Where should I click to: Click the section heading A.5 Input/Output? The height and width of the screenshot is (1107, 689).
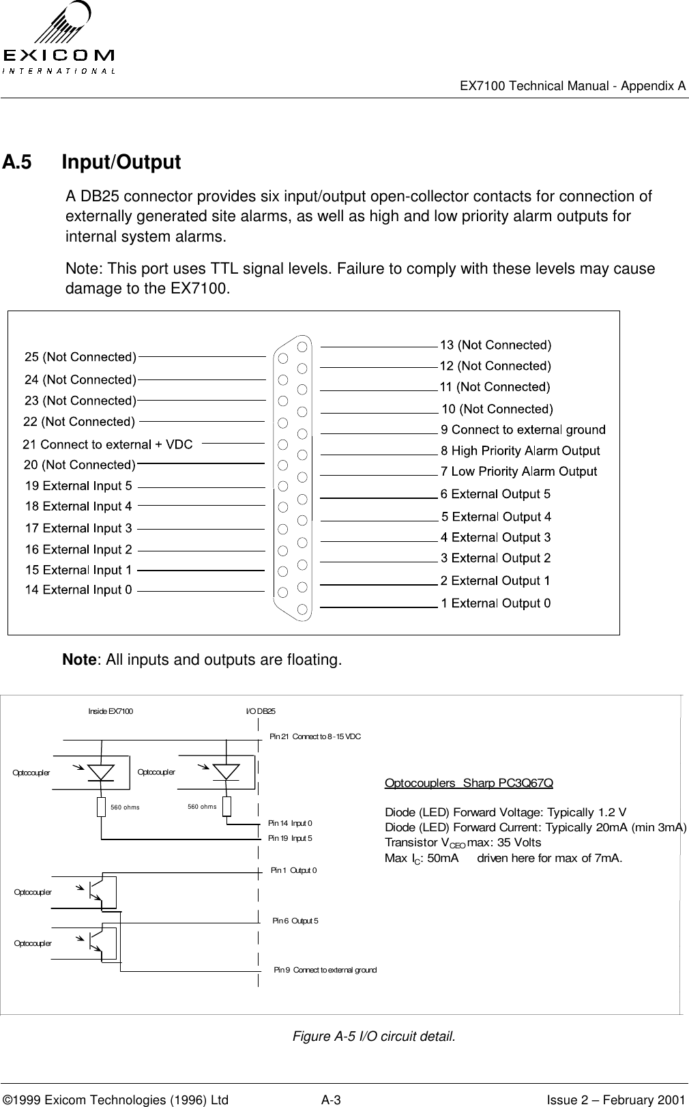pyautogui.click(x=92, y=162)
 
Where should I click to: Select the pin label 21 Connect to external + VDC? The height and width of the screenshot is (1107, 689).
pyautogui.click(x=108, y=444)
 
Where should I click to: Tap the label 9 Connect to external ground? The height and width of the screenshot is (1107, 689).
pyautogui.click(x=523, y=429)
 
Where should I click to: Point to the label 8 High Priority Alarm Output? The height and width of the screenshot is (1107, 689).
pyautogui.click(x=521, y=450)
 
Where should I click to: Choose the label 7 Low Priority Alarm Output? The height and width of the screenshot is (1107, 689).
pyautogui.click(x=519, y=472)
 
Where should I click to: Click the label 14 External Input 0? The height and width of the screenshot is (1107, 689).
pyautogui.click(x=78, y=590)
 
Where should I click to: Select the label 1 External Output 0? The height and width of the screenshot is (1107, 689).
pyautogui.click(x=496, y=603)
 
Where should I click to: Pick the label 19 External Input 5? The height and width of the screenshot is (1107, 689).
pyautogui.click(x=78, y=486)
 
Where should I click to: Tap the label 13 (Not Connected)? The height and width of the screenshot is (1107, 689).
pyautogui.click(x=495, y=345)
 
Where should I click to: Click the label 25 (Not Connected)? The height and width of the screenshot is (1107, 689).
pyautogui.click(x=80, y=357)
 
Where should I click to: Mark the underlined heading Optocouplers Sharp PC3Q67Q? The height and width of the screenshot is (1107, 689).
pyautogui.click(x=469, y=783)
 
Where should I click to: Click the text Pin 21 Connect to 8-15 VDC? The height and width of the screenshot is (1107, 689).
pyautogui.click(x=315, y=736)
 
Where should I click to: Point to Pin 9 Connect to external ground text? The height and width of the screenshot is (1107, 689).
pyautogui.click(x=325, y=970)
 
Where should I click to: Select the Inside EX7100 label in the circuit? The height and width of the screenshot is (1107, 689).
pyautogui.click(x=111, y=711)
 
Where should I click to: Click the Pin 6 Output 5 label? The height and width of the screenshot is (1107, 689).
pyautogui.click(x=295, y=921)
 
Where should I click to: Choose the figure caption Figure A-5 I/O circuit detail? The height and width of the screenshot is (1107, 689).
pyautogui.click(x=373, y=1037)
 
